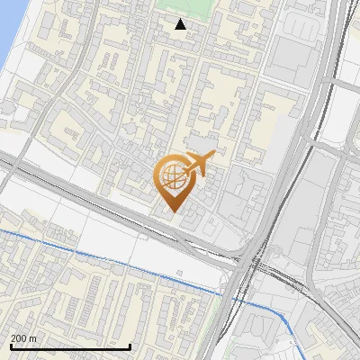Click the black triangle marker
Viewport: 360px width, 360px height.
181,24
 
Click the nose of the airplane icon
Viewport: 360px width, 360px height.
214,156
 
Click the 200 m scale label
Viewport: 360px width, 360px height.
23,338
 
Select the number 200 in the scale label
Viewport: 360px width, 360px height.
19,338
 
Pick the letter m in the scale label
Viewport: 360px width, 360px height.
33,338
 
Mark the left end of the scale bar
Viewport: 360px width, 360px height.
11,346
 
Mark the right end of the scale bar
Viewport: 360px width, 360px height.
130,346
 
